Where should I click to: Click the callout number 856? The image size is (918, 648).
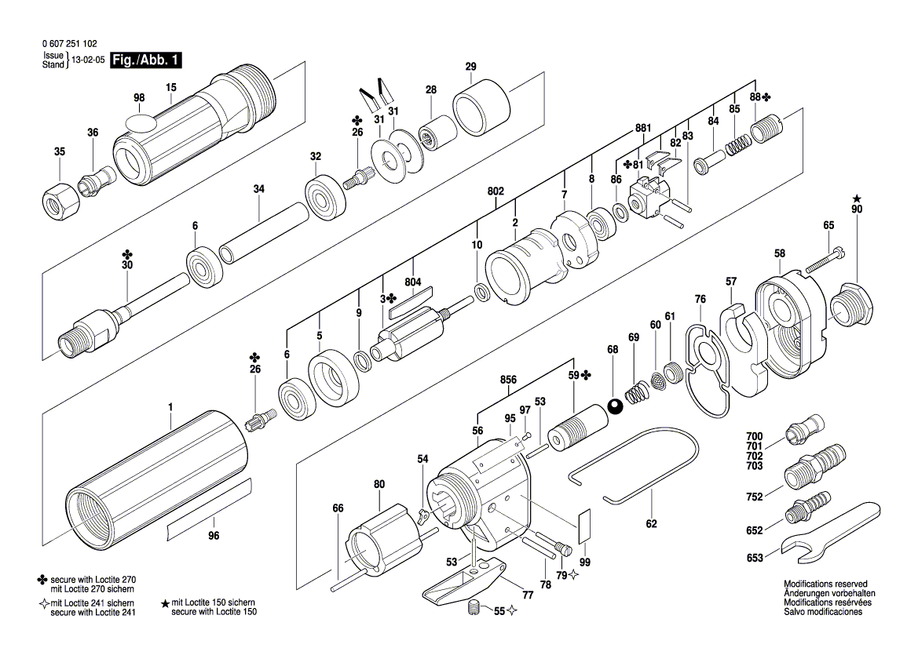coord(509,380)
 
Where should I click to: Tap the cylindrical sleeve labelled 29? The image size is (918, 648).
coord(480,107)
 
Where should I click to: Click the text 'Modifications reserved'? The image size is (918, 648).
coord(825,584)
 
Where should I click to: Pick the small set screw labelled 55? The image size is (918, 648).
coord(474,608)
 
